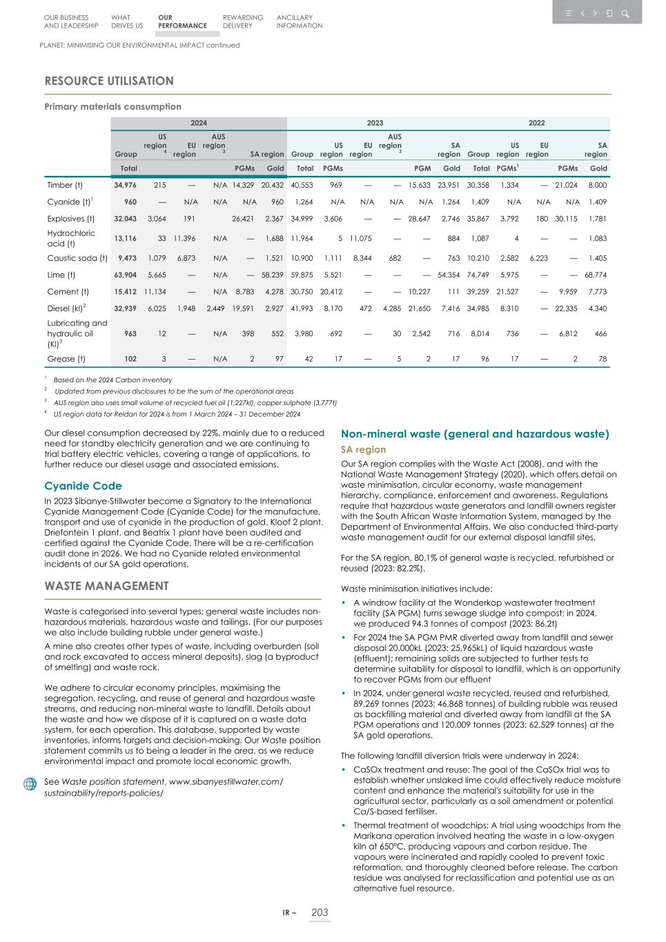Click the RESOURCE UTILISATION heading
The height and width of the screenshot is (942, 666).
[109, 81]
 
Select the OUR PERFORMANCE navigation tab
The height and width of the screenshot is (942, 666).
[182, 21]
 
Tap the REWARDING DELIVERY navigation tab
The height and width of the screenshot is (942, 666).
[243, 21]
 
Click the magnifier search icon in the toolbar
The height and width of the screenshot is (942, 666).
[625, 13]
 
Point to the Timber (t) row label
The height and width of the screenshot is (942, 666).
[65, 185]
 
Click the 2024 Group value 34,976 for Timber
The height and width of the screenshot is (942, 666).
[125, 185]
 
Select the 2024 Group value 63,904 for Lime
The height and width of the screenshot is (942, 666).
[125, 275]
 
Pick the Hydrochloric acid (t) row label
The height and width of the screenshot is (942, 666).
[71, 238]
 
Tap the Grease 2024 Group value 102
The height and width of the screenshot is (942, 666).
[129, 359]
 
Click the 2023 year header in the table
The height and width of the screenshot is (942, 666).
[375, 123]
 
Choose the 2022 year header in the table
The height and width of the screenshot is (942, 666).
[536, 123]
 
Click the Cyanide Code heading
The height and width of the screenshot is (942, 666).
[83, 486]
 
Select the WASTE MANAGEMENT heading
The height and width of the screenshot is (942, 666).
[106, 586]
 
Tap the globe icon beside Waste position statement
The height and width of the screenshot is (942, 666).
[30, 784]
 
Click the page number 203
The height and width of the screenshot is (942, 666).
[320, 912]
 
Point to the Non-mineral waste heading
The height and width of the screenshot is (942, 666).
[475, 434]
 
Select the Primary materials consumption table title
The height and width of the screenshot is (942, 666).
[112, 106]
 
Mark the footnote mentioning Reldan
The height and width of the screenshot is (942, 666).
[177, 414]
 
